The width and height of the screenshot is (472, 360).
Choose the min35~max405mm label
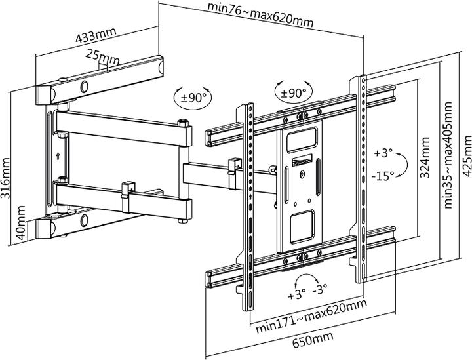[449, 153]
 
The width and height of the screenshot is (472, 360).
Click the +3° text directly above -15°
[383, 153]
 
